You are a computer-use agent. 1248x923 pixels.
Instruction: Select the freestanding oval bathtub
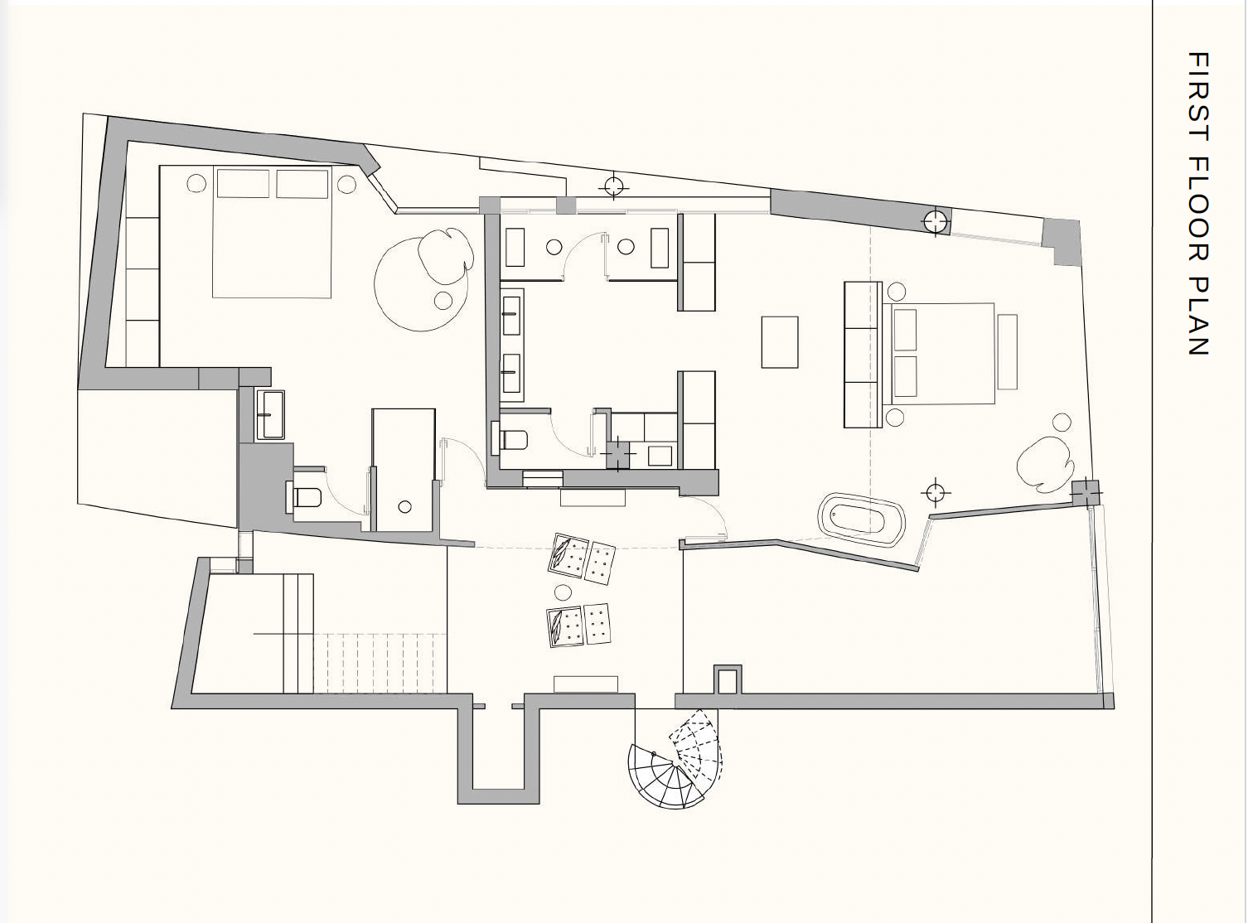pos(861,519)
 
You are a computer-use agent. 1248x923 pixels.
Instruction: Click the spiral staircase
pos(675,759)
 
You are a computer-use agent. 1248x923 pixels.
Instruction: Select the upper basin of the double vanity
pos(513,313)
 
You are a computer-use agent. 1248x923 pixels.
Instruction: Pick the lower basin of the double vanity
pos(513,373)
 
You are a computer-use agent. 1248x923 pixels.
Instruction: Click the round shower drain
pos(404,507)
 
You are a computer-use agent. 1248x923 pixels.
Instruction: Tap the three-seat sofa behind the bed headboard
pos(863,355)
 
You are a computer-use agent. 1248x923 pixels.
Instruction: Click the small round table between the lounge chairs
pos(562,592)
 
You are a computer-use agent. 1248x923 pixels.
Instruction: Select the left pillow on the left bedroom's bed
pos(243,183)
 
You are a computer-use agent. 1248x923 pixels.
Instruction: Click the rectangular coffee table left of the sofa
pos(780,342)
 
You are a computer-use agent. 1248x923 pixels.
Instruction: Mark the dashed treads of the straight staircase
pos(380,664)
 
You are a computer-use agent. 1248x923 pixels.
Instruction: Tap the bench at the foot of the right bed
pos(1007,352)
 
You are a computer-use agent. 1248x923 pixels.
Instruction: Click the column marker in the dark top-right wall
pos(935,221)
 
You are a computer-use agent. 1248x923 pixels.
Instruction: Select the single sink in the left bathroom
pos(271,415)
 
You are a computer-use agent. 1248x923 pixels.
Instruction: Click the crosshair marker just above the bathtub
pos(935,493)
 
